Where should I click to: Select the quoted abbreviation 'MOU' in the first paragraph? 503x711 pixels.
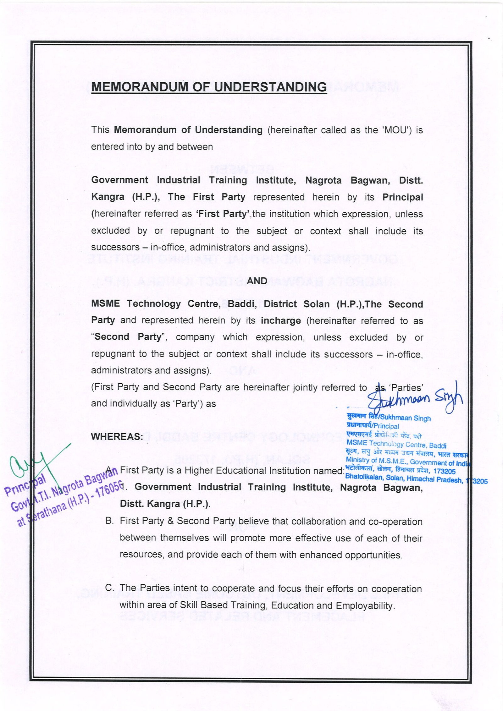pos(397,130)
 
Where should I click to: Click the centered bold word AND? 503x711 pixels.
pos(257,281)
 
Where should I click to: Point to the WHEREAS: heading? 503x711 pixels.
pos(117,436)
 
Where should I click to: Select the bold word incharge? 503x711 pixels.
pos(281,320)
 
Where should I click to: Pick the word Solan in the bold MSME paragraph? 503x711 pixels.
pos(316,304)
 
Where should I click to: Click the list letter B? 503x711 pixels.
pos(109,521)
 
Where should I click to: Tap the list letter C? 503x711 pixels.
pos(109,588)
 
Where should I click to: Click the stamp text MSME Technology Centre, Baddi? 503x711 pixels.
pos(396,444)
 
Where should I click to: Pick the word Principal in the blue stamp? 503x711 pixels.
pos(386,426)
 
